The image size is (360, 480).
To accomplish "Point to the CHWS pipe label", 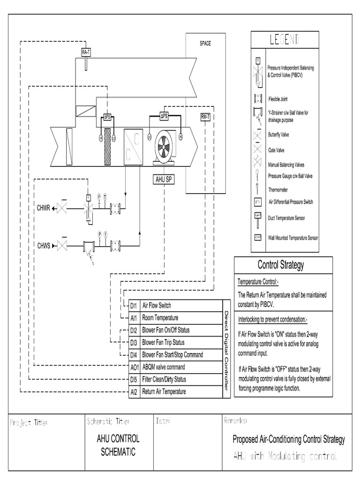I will click(x=44, y=245).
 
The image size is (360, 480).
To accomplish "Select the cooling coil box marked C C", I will click(x=134, y=146).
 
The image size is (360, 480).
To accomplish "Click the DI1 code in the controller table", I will click(x=134, y=306).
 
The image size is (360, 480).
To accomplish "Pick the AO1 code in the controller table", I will click(x=134, y=367).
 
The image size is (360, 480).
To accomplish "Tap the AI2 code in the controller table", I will click(x=134, y=391).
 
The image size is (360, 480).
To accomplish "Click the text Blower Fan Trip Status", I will click(x=163, y=343).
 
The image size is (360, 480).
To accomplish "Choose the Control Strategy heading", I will click(x=280, y=265).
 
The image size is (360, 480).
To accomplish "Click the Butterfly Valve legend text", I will click(x=278, y=135).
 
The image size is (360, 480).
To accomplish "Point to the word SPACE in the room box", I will click(x=205, y=44).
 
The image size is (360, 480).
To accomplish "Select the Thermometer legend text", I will click(x=278, y=190).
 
